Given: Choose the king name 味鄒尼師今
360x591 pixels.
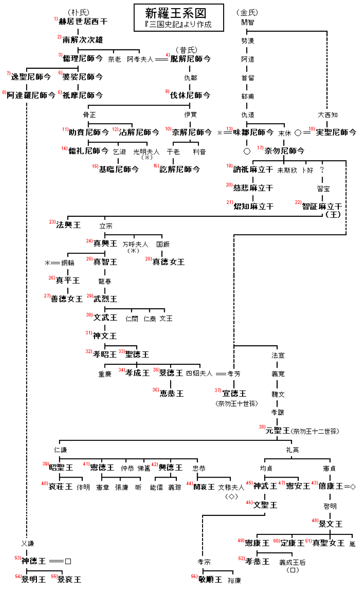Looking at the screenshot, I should pyautogui.click(x=253, y=132).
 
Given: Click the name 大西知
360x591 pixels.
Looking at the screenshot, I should pyautogui.click(x=327, y=115).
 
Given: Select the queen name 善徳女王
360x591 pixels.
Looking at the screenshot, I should pyautogui.click(x=67, y=299).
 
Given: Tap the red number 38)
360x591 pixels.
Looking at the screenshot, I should pyautogui.click(x=261, y=427).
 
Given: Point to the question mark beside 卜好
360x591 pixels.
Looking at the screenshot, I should pyautogui.click(x=322, y=170).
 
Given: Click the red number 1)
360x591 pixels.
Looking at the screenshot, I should pyautogui.click(x=56, y=19).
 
